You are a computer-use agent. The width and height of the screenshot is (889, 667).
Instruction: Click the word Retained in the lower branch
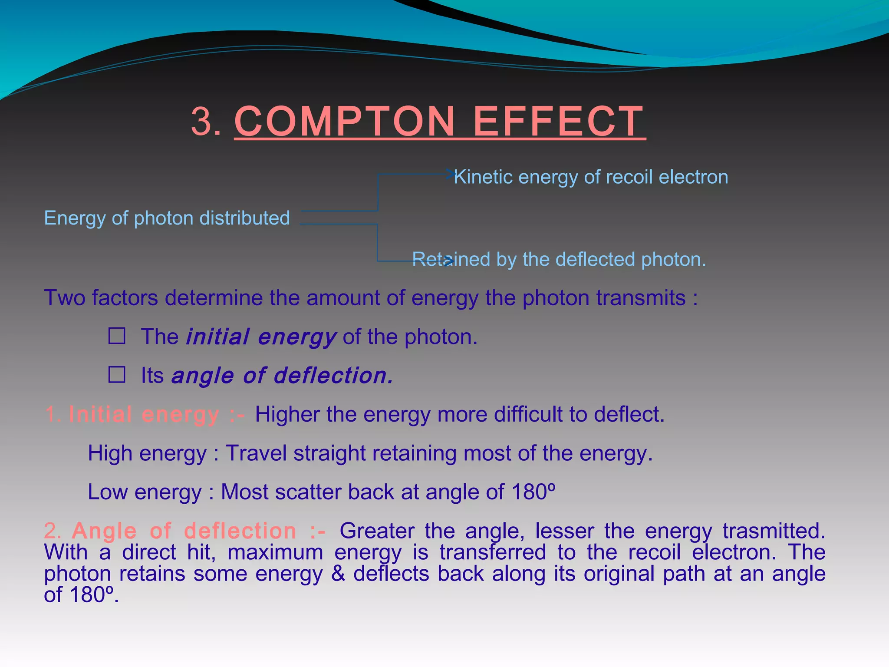point(450,260)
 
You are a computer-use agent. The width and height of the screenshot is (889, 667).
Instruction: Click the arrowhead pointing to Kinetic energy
point(450,174)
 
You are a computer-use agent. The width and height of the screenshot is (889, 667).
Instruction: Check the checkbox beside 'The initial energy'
point(117,336)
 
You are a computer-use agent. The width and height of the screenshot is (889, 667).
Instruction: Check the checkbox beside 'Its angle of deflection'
point(117,375)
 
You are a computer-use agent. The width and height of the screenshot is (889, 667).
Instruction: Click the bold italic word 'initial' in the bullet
point(217,337)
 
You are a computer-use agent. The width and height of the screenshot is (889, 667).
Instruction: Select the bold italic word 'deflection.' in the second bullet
point(333,376)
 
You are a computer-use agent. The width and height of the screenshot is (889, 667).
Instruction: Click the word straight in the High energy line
point(330,453)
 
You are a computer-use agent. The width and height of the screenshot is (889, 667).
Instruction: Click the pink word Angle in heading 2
point(104,531)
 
